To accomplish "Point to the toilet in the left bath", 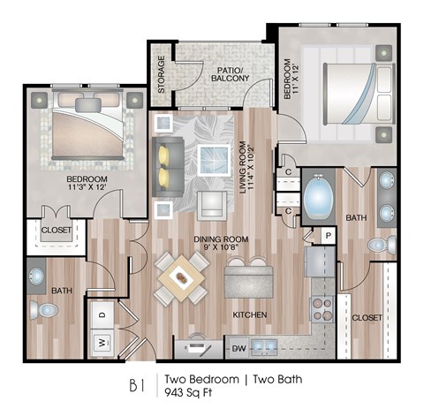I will (x=42, y=309).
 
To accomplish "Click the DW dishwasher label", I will (x=238, y=346).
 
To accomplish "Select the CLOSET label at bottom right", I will (x=367, y=316).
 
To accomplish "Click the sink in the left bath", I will (x=37, y=277).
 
